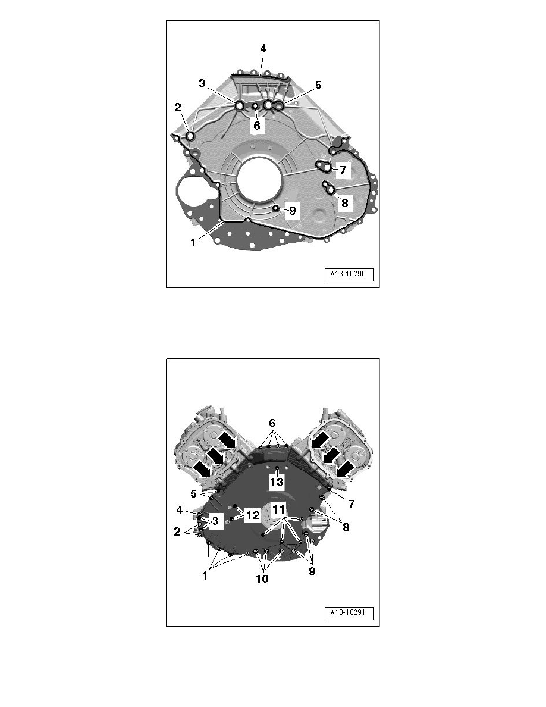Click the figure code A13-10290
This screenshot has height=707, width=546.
[348, 274]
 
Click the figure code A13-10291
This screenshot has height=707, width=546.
[348, 613]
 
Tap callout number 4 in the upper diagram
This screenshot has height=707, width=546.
[263, 48]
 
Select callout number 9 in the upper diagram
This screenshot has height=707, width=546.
[293, 211]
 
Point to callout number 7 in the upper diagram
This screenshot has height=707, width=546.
[343, 170]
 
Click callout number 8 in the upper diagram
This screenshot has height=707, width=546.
[344, 202]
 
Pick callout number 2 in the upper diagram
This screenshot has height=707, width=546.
[178, 107]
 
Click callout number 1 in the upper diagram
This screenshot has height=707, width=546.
[193, 243]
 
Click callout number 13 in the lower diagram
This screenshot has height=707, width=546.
[276, 482]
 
